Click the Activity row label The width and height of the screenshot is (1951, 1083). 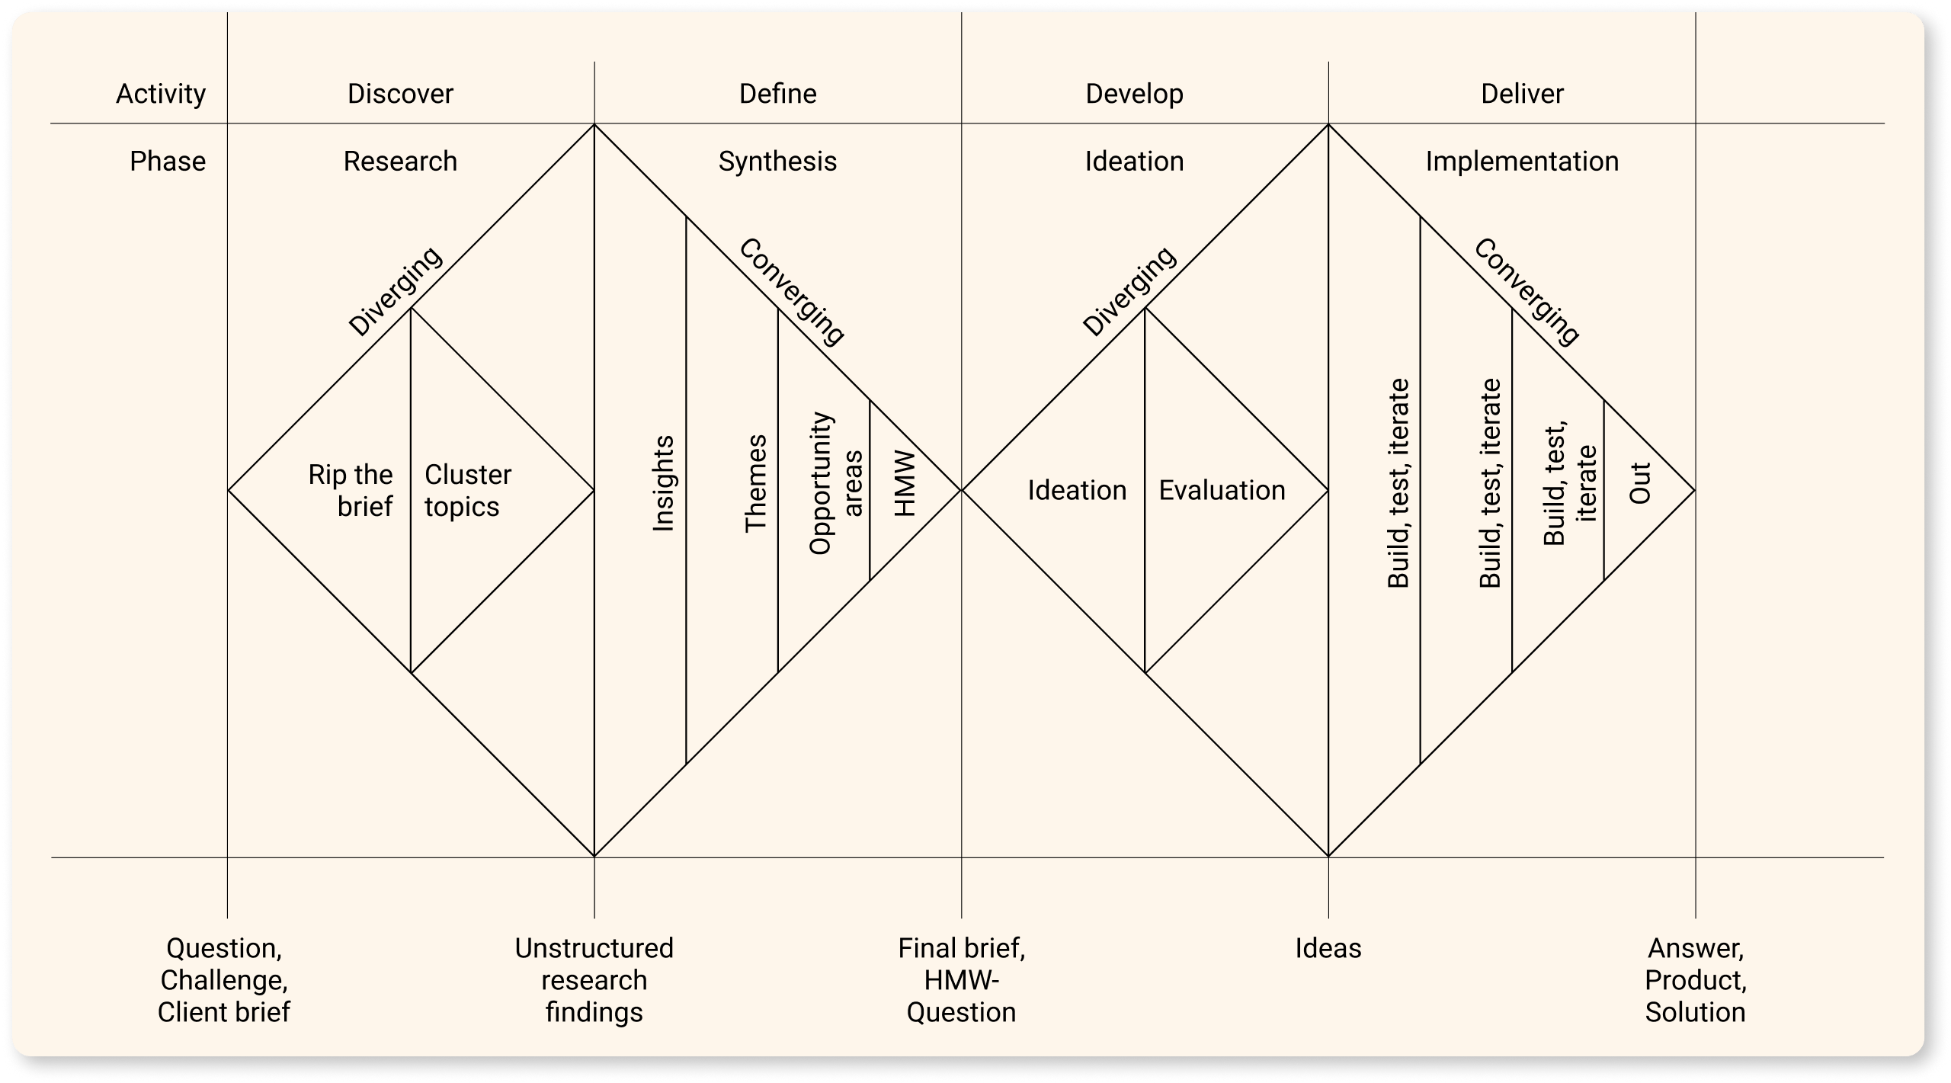point(161,94)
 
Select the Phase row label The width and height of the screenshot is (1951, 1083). point(168,162)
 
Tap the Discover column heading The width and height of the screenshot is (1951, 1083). point(400,94)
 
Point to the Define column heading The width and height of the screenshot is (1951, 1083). point(777,94)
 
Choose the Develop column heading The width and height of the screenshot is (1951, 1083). point(1134,94)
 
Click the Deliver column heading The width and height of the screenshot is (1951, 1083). point(1522,94)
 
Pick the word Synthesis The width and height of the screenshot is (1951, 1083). point(777,162)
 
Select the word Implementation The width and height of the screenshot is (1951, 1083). point(1522,162)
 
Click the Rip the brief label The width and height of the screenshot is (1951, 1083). point(351,490)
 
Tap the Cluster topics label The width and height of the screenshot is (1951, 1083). point(467,490)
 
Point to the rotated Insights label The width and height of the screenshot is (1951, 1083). point(664,483)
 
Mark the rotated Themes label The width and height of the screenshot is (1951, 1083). point(755,483)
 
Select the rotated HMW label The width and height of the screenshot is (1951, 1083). point(904,483)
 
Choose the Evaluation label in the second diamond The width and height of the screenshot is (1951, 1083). point(1222,490)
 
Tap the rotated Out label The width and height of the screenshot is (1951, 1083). point(1640,483)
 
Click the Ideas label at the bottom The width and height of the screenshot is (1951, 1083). point(1328,948)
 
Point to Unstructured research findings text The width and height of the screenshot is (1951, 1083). point(594,980)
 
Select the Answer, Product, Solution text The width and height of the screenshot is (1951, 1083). point(1695,980)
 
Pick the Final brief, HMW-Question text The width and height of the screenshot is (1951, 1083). point(961,980)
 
